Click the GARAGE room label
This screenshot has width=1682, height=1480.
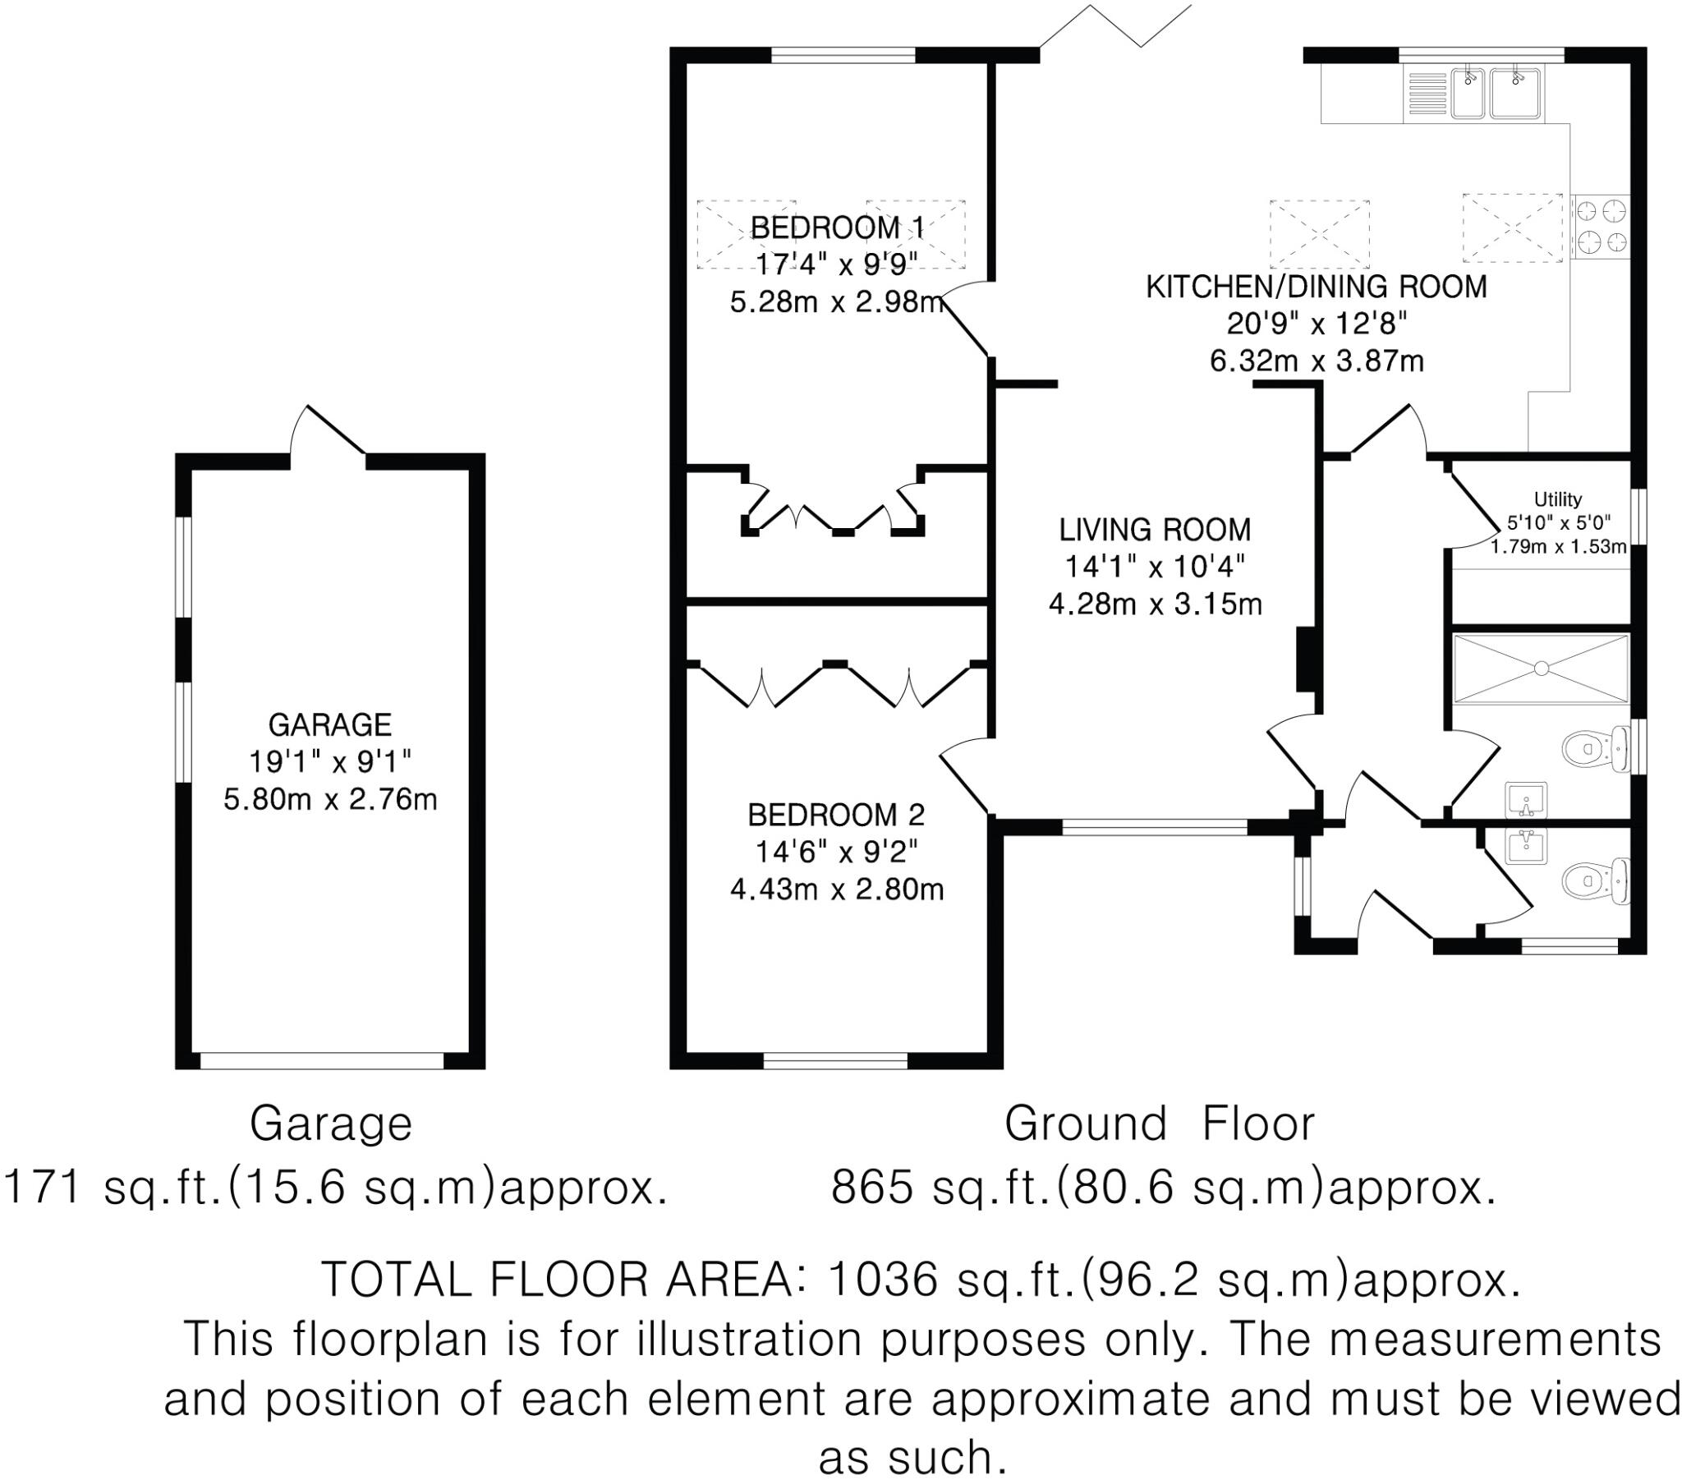[330, 724]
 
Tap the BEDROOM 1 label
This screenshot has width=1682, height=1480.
[837, 228]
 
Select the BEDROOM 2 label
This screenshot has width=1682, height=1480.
[836, 815]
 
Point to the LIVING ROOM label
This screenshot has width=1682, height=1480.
[1155, 529]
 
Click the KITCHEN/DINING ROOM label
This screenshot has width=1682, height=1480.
[1317, 287]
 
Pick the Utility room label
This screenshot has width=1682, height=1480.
[1558, 499]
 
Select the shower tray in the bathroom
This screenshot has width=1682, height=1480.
[1541, 669]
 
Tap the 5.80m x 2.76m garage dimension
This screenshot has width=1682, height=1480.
[330, 798]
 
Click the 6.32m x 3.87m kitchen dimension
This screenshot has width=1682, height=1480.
[1317, 361]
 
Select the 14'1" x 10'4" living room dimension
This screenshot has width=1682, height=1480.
[1155, 567]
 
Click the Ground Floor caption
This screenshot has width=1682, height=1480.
[1160, 1124]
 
